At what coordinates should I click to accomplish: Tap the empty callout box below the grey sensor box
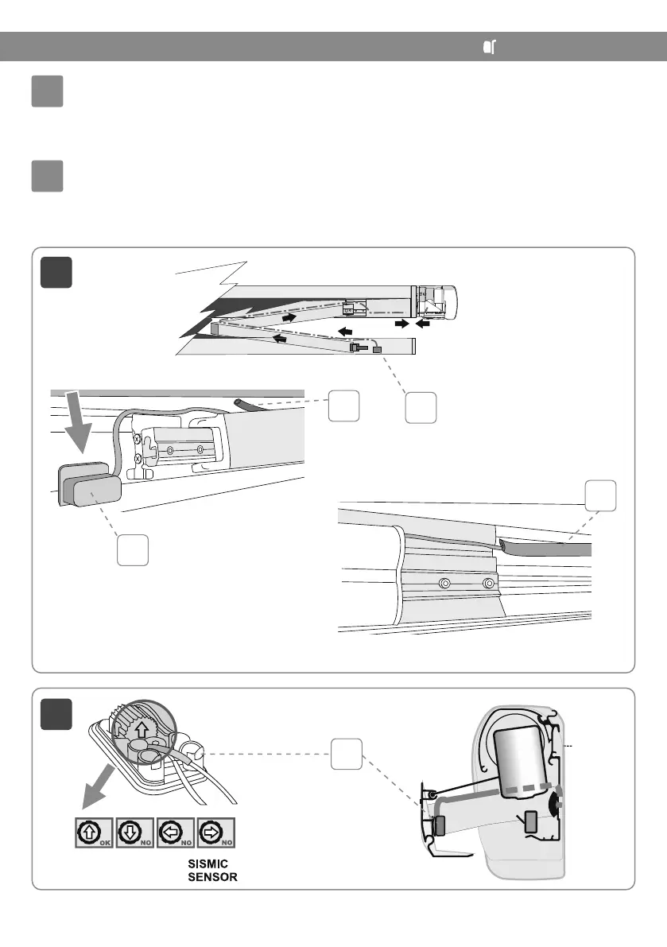(133, 550)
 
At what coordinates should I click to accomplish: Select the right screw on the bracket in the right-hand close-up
(489, 584)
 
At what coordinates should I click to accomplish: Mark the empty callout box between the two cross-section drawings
(346, 753)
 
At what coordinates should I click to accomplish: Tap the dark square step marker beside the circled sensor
(57, 713)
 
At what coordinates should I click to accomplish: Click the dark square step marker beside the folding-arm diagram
(57, 273)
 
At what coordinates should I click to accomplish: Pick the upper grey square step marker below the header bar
(47, 93)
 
